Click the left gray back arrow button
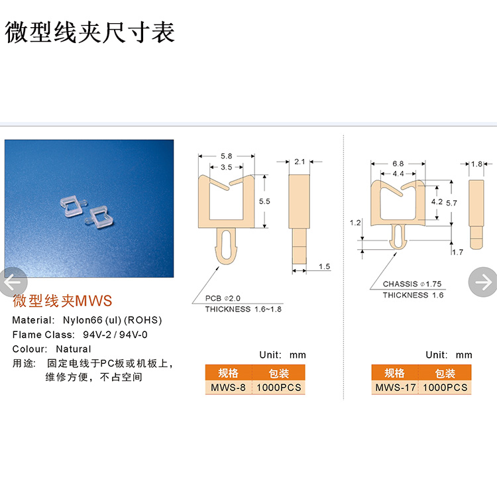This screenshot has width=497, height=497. coord(13,282)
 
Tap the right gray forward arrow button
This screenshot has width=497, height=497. coord(483,282)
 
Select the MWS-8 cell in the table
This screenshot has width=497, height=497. coord(228,388)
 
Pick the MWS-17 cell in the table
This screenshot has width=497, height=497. coord(395,388)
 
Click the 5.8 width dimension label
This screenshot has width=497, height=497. coord(227,156)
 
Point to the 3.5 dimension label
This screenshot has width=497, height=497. coord(227,167)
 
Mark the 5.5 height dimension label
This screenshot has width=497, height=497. coord(264,201)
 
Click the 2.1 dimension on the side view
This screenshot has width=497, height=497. coord(300,162)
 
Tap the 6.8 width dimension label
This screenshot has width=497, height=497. coord(398,164)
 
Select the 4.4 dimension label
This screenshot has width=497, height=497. coord(398,174)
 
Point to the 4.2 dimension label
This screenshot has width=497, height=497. coord(437,201)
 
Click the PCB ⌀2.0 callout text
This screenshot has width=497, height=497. coord(223,298)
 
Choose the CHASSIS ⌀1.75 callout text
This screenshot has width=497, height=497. coord(412,284)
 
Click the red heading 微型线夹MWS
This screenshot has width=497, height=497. coord(62,301)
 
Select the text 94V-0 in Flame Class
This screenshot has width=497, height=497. coord(133,335)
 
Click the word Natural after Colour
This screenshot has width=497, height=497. coord(74,349)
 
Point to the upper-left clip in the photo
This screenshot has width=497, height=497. coord(74,205)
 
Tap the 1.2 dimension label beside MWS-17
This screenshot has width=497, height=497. coord(355,223)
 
